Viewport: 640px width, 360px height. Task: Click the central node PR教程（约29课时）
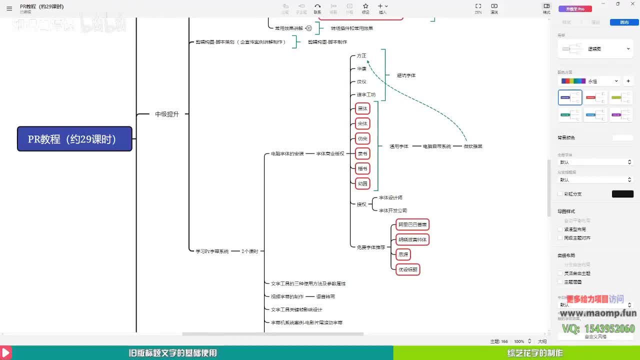click(x=74, y=139)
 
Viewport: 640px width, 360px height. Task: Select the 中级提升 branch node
click(x=166, y=114)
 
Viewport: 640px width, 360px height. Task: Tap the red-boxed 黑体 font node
click(x=362, y=108)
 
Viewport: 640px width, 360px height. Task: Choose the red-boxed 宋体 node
click(x=362, y=123)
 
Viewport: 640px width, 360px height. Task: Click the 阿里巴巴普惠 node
click(x=412, y=224)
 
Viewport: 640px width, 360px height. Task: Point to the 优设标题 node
click(x=407, y=269)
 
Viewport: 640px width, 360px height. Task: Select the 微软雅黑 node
click(x=472, y=146)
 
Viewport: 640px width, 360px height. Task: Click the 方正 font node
click(x=361, y=55)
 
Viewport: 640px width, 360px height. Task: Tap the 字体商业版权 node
click(x=330, y=153)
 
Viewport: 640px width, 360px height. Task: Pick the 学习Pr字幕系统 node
click(x=212, y=251)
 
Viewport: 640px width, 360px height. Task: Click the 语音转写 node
click(x=325, y=296)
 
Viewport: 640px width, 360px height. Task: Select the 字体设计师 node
click(x=390, y=198)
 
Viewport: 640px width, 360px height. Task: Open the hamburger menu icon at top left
click(x=9, y=8)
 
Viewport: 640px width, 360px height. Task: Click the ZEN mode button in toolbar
click(x=478, y=8)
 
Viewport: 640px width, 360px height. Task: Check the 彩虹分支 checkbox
click(x=560, y=194)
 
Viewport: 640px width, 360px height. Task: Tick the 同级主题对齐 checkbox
click(x=560, y=238)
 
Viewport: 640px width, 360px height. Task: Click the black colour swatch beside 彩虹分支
click(x=622, y=194)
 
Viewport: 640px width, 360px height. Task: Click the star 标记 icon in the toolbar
click(x=365, y=8)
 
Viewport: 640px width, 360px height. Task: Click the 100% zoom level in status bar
click(x=519, y=341)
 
